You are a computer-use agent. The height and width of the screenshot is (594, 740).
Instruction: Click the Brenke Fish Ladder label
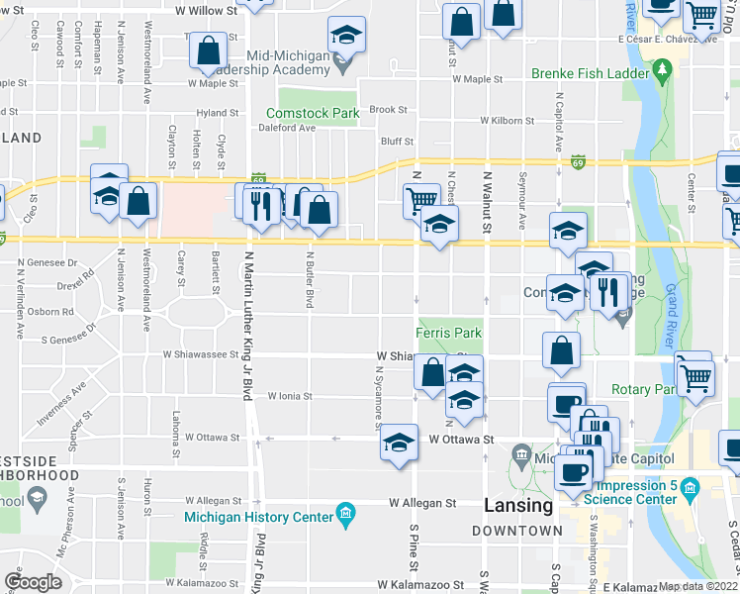click(x=588, y=73)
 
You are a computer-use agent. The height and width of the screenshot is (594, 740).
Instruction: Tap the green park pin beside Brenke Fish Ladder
click(x=662, y=71)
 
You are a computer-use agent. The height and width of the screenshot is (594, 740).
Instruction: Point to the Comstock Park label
click(x=313, y=113)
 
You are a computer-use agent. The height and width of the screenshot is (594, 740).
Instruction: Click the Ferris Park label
click(x=448, y=334)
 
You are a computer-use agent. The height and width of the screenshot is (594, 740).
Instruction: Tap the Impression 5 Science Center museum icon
click(x=691, y=489)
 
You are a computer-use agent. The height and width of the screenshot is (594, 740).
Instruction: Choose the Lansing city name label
click(x=518, y=505)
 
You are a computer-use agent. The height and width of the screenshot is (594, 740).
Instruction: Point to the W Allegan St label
click(x=422, y=503)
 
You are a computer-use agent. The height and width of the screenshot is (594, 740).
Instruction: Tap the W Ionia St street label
click(x=289, y=396)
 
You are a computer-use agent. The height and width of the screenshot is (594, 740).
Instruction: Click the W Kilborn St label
click(x=507, y=121)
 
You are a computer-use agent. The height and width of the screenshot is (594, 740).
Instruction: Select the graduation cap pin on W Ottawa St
click(x=398, y=442)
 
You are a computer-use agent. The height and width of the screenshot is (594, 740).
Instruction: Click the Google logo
click(x=33, y=582)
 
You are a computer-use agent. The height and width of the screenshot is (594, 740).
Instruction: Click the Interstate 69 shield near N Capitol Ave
click(x=577, y=161)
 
